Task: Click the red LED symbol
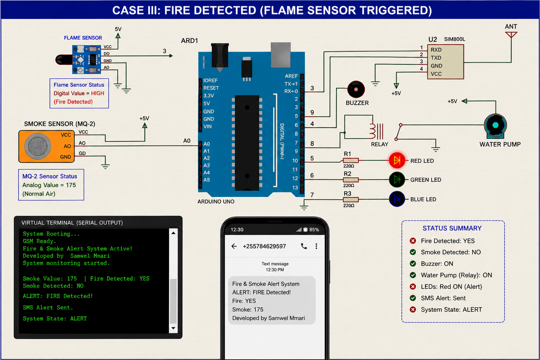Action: [x=397, y=160]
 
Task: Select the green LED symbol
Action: [x=397, y=180]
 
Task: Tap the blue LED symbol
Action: [x=397, y=199]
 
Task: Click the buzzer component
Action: [x=356, y=89]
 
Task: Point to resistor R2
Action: [x=351, y=180]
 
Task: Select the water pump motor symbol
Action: [x=495, y=126]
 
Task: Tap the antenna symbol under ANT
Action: [x=511, y=35]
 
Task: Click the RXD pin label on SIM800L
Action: [x=436, y=50]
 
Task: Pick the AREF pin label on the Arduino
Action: [x=291, y=76]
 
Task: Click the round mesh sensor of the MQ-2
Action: [x=38, y=146]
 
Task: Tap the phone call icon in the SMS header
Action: [x=304, y=246]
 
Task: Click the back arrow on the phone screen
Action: [x=234, y=246]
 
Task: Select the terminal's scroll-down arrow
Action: [x=173, y=328]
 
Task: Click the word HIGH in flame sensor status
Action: [x=97, y=93]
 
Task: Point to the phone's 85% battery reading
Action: [x=314, y=230]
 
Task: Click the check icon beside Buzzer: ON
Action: [x=413, y=264]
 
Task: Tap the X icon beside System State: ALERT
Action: [x=413, y=309]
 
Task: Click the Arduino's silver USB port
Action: [x=281, y=55]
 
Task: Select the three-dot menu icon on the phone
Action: [x=316, y=246]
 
